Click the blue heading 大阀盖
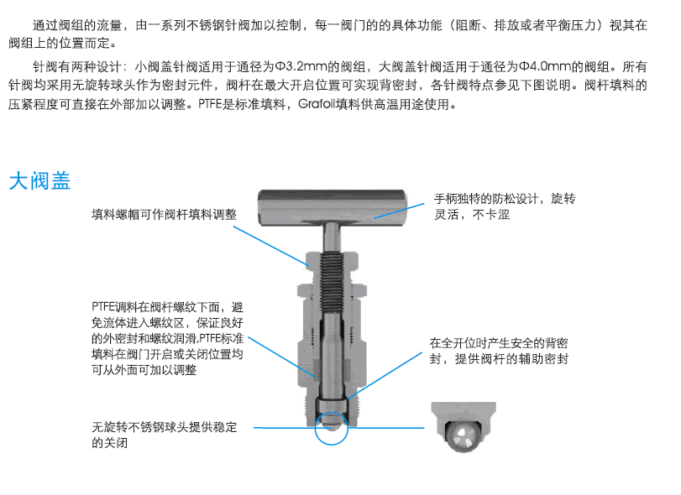coord(39,180)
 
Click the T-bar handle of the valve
coord(333,207)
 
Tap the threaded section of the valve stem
coord(333,281)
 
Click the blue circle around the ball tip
coord(332,428)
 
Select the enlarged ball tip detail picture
coord(464,427)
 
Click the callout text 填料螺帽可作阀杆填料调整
coord(165,214)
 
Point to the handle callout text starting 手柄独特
coord(505,206)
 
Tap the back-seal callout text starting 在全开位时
coord(499,351)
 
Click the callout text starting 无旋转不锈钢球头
coord(165,435)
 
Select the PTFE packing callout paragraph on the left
coord(167,338)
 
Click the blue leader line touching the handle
coord(399,211)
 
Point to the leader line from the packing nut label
coord(271,246)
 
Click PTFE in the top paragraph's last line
coord(210,105)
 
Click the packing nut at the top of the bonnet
coord(333,260)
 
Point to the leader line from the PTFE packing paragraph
coord(281,357)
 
